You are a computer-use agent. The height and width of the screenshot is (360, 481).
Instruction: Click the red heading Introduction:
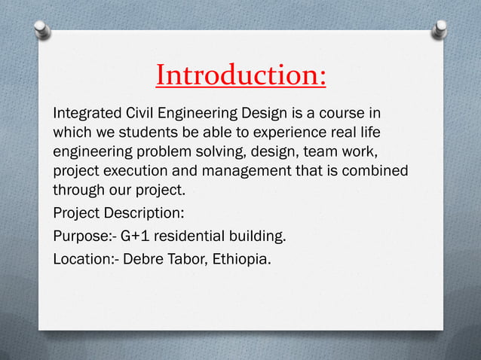click(x=240, y=75)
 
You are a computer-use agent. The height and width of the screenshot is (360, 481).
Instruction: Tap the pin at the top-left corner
click(x=43, y=30)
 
